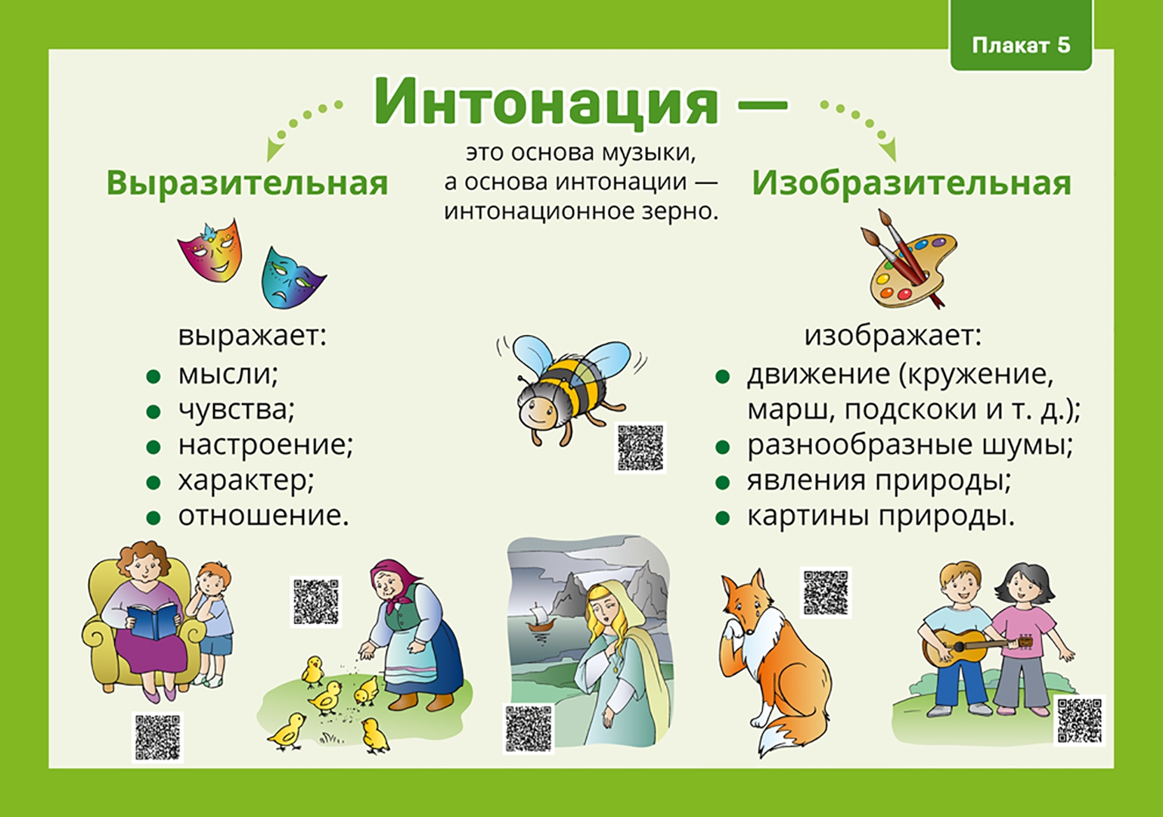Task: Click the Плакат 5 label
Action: tap(1021, 45)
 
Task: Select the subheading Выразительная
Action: tap(247, 183)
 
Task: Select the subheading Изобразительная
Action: tap(911, 183)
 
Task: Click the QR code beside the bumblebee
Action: tap(640, 447)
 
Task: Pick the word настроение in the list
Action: tap(265, 445)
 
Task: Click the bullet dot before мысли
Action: tap(154, 377)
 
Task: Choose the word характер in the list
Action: tap(246, 480)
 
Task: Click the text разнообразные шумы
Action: tap(910, 445)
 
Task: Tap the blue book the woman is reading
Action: tap(154, 622)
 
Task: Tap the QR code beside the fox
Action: tap(826, 592)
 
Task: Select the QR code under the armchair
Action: tap(157, 737)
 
